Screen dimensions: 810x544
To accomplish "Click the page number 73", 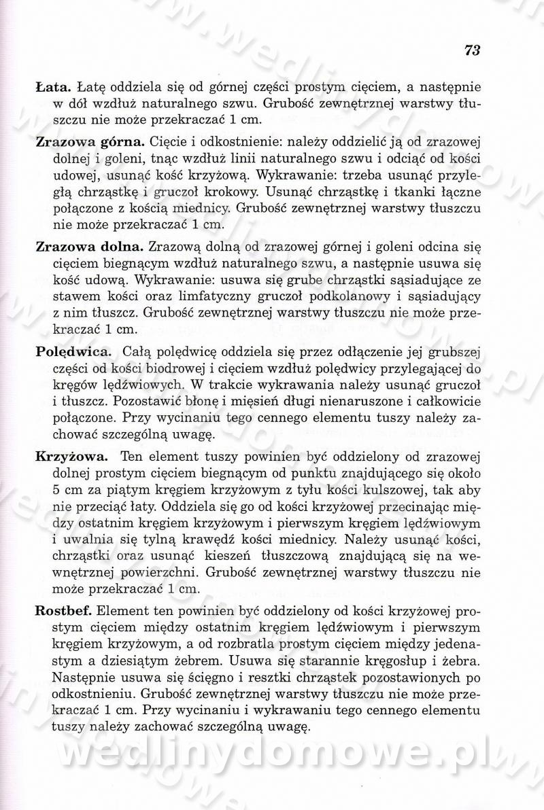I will (x=473, y=50).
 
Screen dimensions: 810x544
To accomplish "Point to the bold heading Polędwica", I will (x=73, y=352).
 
